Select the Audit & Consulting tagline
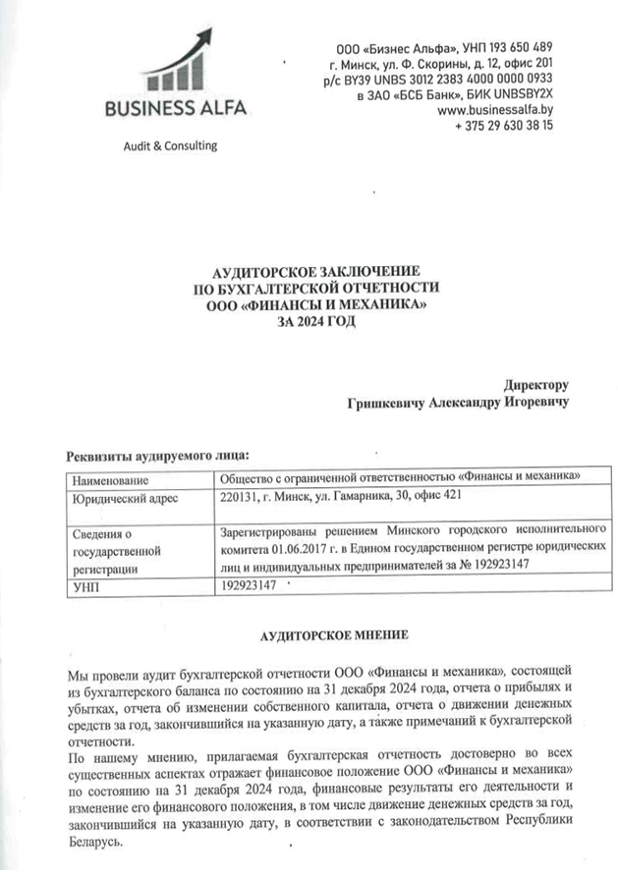pyautogui.click(x=169, y=146)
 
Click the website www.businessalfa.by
pyautogui.click(x=494, y=111)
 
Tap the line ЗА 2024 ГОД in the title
pyautogui.click(x=316, y=320)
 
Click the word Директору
pyautogui.click(x=536, y=385)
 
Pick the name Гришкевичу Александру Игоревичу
pyautogui.click(x=457, y=403)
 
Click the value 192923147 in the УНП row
pyautogui.click(x=253, y=586)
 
